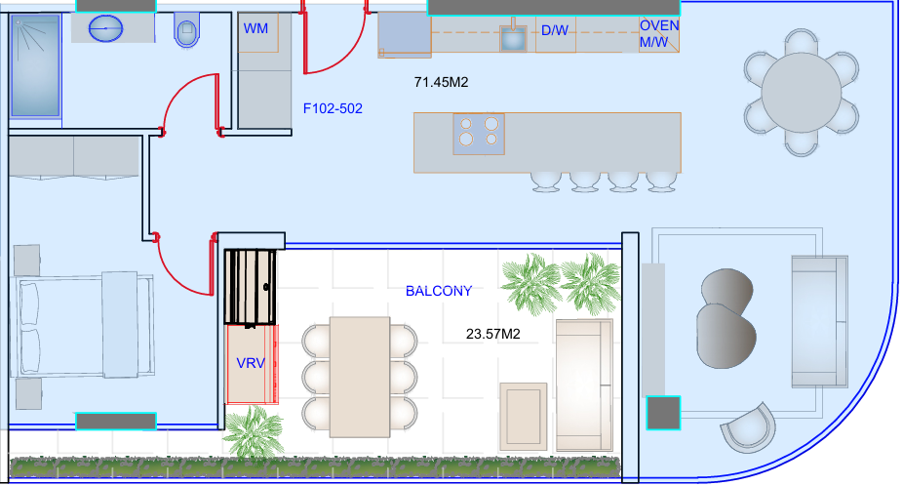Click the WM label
[x=255, y=28]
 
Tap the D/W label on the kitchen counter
[x=555, y=30]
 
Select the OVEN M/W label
[x=659, y=34]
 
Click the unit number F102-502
[x=333, y=108]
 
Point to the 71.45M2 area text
[x=441, y=82]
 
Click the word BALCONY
[x=439, y=291]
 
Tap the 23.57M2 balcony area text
[x=493, y=334]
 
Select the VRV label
[x=251, y=363]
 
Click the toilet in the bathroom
[x=186, y=30]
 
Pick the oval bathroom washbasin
[x=106, y=28]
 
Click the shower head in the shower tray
[x=19, y=22]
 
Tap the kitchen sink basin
[x=513, y=39]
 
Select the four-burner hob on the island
[x=479, y=134]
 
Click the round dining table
[x=801, y=93]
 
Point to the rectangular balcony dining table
[x=360, y=377]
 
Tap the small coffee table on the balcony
[x=523, y=417]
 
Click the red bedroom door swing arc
[x=173, y=275]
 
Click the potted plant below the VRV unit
[x=254, y=431]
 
